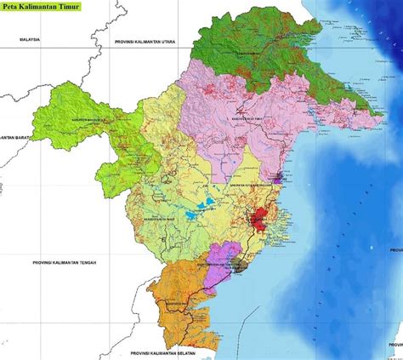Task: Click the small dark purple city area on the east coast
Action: (278, 178)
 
